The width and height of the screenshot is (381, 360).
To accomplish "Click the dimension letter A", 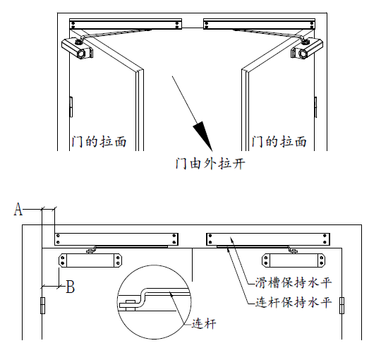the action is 18,209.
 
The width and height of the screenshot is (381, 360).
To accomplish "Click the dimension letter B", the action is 71,287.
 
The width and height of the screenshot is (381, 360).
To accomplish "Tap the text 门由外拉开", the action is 210,163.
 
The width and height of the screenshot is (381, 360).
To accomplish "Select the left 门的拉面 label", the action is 99,142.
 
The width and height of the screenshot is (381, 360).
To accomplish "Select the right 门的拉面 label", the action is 279,142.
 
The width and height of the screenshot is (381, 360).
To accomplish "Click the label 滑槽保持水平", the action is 294,282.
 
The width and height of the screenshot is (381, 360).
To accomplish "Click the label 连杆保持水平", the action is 294,303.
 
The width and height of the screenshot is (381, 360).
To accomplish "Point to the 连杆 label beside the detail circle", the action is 204,324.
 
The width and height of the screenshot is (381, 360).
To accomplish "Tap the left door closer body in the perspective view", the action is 78,48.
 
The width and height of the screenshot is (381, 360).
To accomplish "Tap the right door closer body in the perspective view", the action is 307,48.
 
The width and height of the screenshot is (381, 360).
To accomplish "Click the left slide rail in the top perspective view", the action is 126,24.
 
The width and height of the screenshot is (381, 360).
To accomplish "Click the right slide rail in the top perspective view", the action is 259,24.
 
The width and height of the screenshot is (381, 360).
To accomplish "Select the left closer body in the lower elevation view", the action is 90,260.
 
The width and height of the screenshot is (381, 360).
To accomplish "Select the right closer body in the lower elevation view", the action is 294,260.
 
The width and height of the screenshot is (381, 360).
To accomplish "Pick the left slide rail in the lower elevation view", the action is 116,239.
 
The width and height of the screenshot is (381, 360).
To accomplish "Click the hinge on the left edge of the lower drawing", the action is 42,306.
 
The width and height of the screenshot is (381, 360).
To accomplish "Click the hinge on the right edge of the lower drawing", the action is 341,306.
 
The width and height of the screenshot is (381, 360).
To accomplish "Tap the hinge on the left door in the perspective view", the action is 71,107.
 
